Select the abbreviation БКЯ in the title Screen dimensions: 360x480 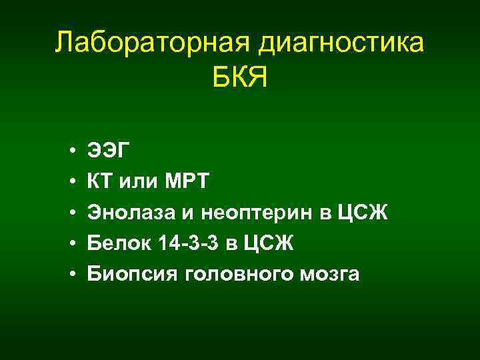tap(240, 79)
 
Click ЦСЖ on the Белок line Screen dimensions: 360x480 tap(270, 244)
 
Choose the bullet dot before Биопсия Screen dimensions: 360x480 tap(71, 275)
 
